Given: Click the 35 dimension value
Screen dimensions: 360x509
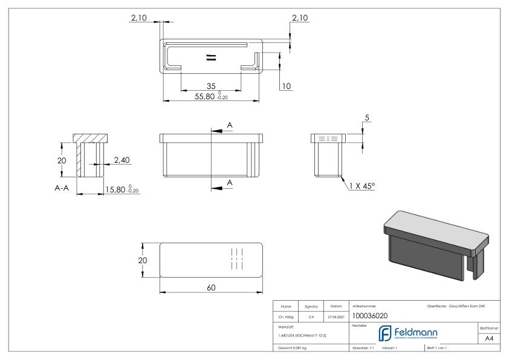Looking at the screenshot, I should (x=211, y=87).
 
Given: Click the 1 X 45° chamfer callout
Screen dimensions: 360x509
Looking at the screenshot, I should (x=361, y=186).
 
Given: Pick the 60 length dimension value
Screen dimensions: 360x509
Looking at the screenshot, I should (x=211, y=287).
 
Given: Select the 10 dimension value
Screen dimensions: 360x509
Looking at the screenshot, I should (x=286, y=87).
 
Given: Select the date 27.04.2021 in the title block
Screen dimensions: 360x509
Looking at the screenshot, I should (x=336, y=316).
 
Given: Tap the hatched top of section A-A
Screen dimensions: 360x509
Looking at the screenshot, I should (x=90, y=138).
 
